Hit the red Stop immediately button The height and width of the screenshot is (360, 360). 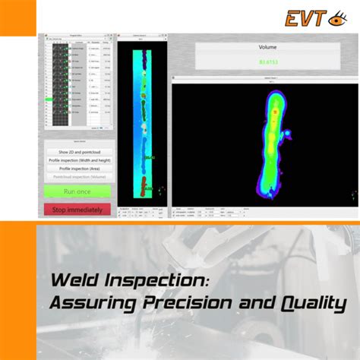77,209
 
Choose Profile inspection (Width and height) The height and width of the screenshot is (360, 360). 77,160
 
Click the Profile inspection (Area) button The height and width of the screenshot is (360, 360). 77,169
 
